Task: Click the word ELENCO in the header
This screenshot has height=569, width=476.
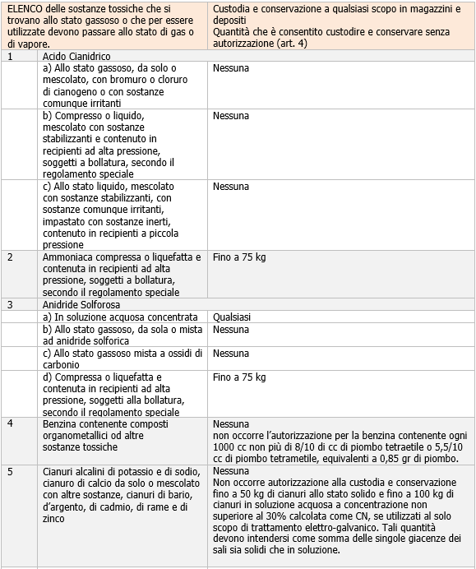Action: [x=25, y=7]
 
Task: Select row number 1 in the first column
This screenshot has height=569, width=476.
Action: [x=10, y=57]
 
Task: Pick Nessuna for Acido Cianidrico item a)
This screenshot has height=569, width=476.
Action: [x=230, y=69]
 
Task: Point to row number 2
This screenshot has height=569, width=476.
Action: [x=10, y=258]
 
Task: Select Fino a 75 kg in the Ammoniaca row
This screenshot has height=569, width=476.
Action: [x=239, y=258]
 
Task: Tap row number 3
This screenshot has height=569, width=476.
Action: [x=10, y=304]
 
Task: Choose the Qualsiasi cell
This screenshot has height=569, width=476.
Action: [x=232, y=317]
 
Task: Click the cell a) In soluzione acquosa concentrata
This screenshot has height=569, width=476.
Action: [x=121, y=317]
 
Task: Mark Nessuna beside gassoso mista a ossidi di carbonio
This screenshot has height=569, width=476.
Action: [x=230, y=354]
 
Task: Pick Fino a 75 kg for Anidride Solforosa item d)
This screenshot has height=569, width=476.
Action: [x=239, y=377]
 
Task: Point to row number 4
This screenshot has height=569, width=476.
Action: [x=10, y=423]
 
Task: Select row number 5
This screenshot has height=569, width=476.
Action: [x=10, y=471]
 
